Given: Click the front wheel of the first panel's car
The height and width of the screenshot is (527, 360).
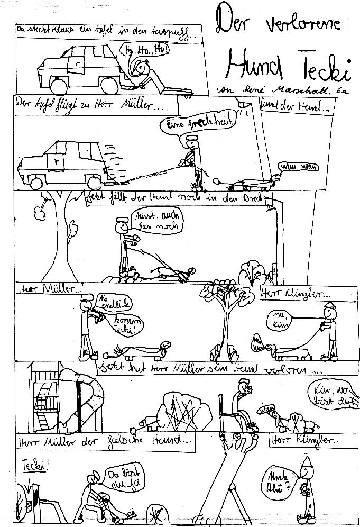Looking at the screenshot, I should pos(59,85).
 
